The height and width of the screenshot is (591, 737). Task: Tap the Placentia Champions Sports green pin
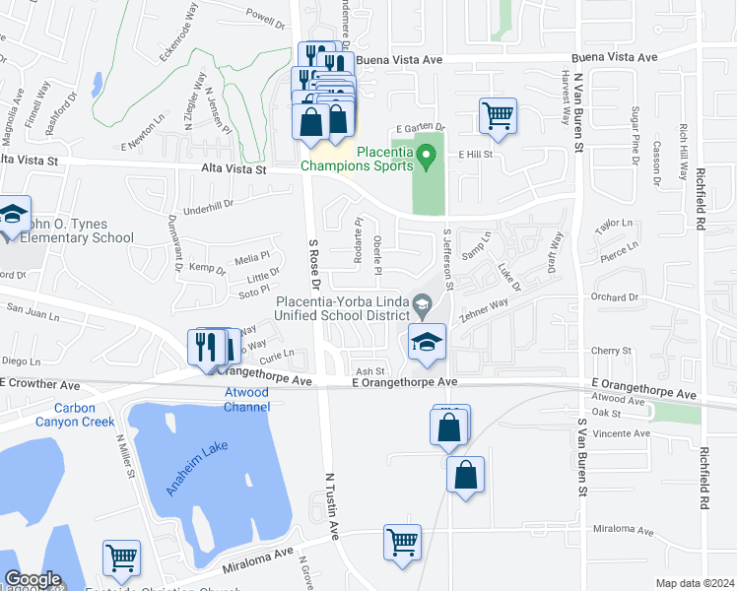pos(427,155)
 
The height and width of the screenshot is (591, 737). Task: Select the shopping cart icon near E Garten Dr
pos(498,115)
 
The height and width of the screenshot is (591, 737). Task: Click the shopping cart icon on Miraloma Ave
pos(402,541)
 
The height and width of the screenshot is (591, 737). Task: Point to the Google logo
pos(33,579)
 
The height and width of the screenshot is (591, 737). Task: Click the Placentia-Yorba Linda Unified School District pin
pos(423,302)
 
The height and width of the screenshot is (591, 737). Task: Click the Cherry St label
pos(611,351)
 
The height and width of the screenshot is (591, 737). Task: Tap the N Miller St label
pos(125,458)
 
